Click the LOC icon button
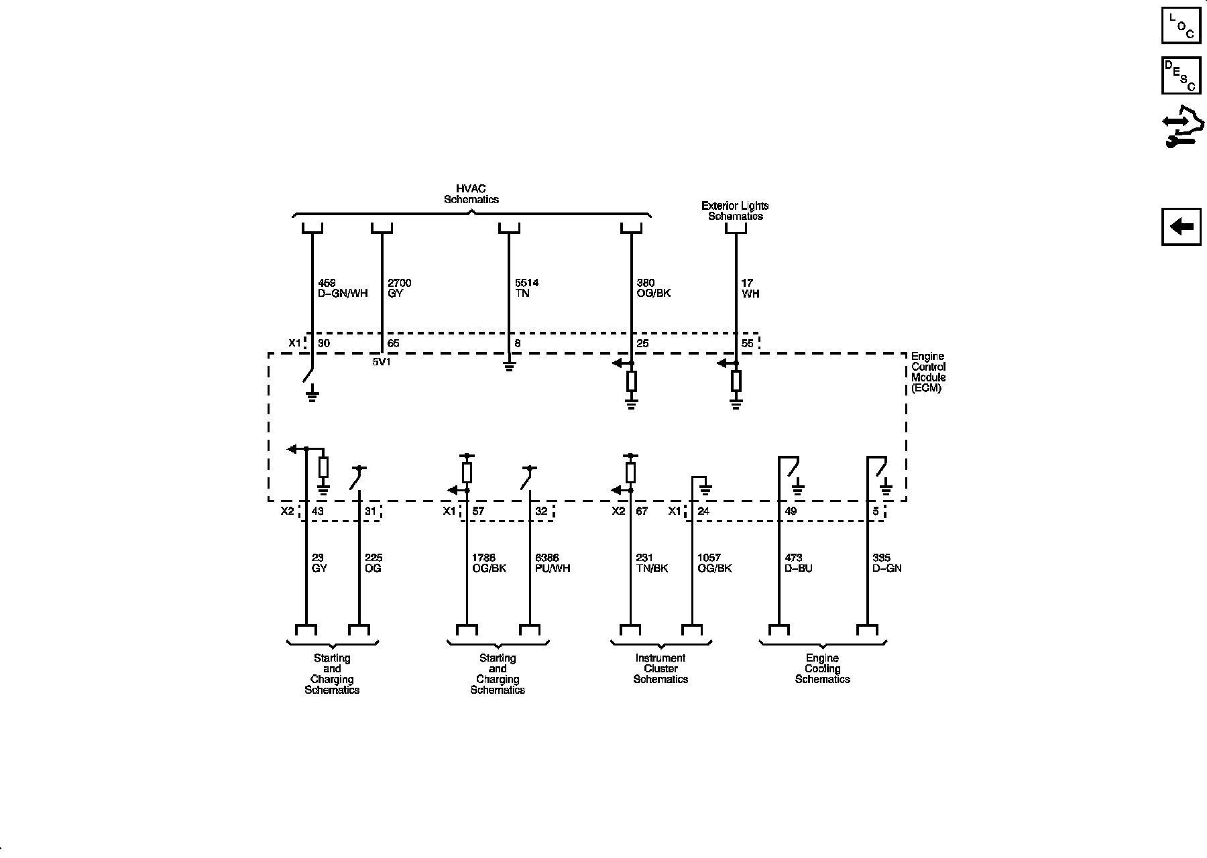pos(1181,24)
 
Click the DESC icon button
pos(1181,75)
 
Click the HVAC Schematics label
pos(471,194)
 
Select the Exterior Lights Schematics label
pos(735,210)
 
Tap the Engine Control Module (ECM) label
pos(929,372)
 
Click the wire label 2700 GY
pos(400,288)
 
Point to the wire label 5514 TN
pos(526,288)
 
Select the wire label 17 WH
pos(750,288)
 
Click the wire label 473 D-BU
pos(799,563)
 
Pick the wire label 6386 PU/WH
pos(553,563)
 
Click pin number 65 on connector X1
pos(394,343)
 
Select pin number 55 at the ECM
pos(747,343)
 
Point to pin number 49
pos(791,511)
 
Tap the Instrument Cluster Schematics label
pos(660,668)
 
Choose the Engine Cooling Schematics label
pos(822,668)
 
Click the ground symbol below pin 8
pos(509,366)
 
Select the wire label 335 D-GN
pos(887,563)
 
